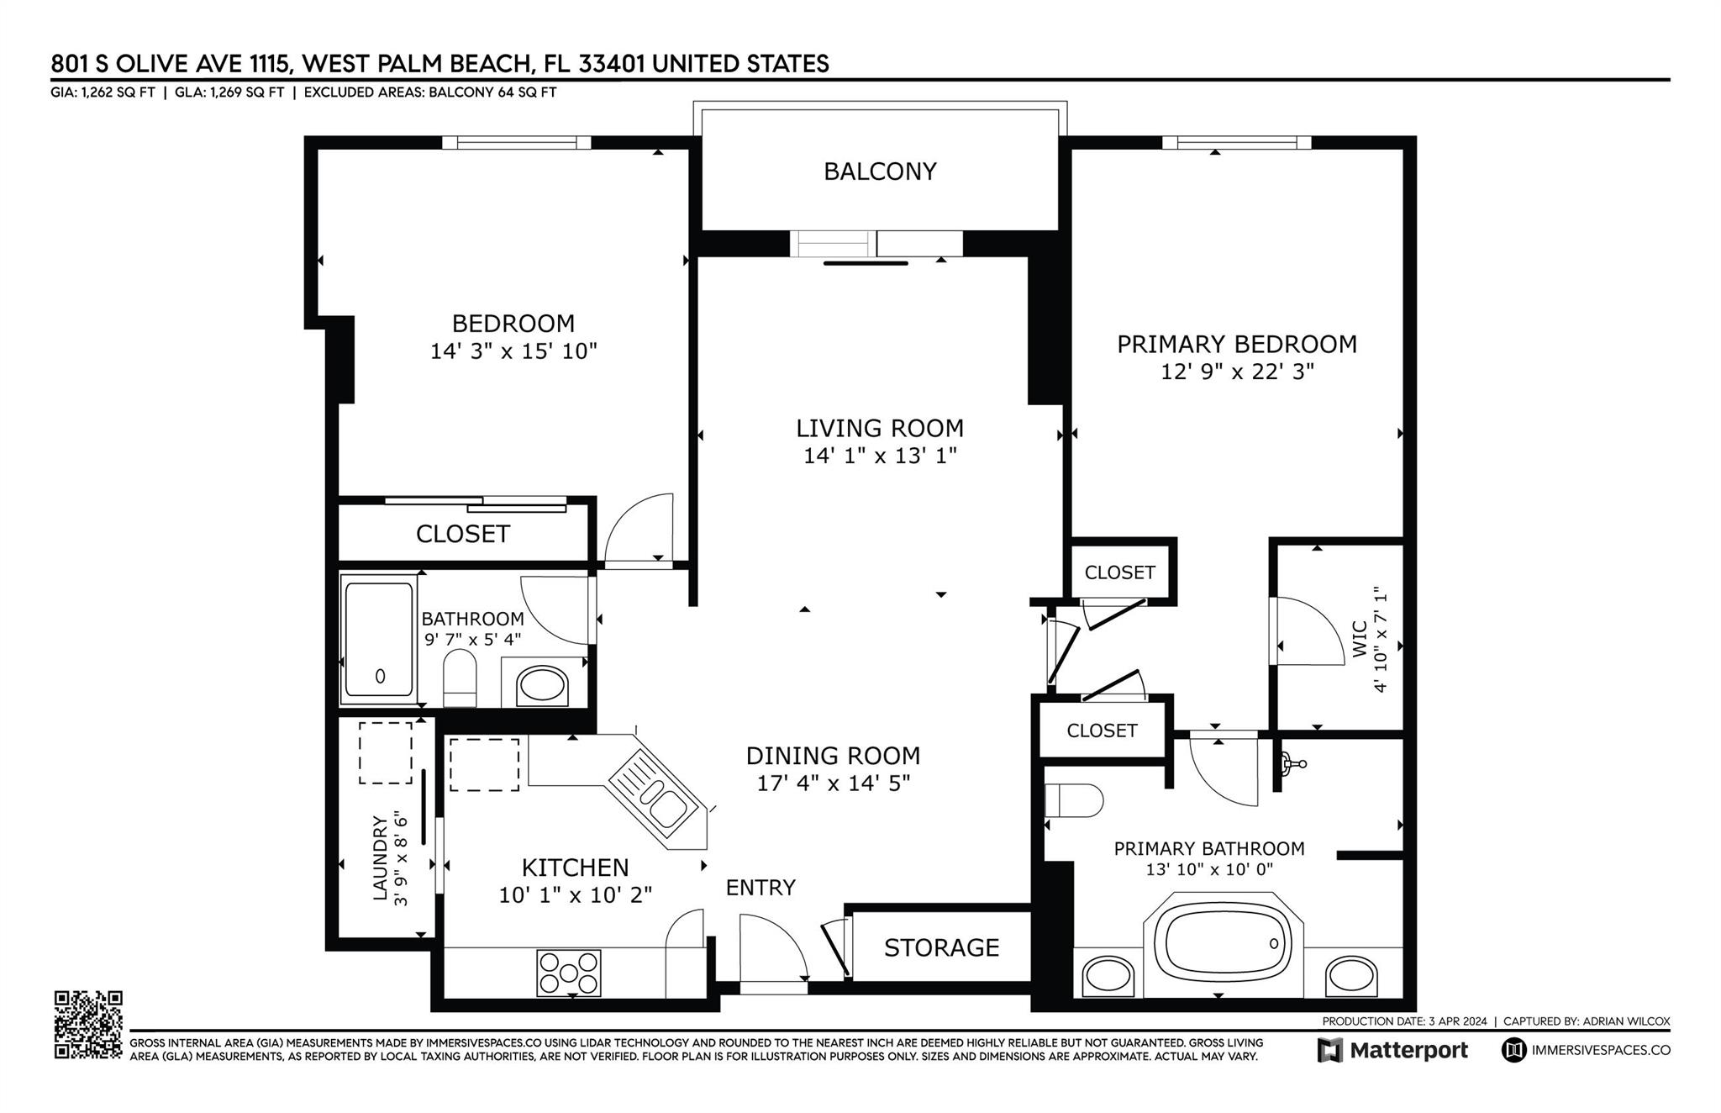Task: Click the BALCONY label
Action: point(879,171)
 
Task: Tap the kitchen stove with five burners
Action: point(569,973)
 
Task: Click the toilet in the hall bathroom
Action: point(460,678)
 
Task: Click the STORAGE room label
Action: point(941,947)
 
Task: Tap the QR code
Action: point(88,1024)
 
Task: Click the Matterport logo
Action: point(1392,1050)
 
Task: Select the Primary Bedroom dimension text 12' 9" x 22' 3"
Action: point(1237,372)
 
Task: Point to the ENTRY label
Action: point(761,888)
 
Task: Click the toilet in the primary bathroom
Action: point(1074,800)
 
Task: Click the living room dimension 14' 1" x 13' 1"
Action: point(880,456)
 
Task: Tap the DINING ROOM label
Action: point(833,756)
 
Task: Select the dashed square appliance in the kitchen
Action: point(484,764)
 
